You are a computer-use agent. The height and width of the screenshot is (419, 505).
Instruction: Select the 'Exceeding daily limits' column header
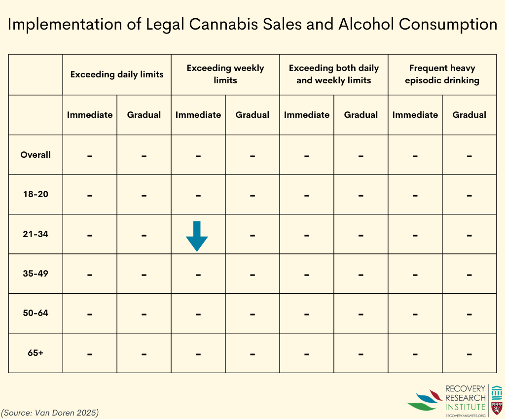point(117,75)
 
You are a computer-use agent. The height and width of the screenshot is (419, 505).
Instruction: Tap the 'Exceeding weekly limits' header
point(225,74)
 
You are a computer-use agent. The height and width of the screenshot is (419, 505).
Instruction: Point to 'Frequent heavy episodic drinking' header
point(442,74)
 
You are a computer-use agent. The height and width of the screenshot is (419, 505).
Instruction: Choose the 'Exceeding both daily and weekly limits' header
point(334,74)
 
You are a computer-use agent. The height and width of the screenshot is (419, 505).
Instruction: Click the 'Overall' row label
point(36,155)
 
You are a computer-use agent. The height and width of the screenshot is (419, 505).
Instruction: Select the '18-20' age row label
point(36,194)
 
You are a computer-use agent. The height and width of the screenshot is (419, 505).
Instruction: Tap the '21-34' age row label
point(36,234)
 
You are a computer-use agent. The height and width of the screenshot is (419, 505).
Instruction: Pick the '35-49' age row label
point(36,274)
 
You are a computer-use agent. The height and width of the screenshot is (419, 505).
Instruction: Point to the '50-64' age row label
point(36,313)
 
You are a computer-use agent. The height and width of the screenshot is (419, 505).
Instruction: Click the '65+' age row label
point(36,353)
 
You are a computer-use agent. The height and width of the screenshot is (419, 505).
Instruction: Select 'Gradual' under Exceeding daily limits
point(144,115)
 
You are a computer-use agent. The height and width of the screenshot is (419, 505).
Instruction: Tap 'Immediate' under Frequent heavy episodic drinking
point(415,115)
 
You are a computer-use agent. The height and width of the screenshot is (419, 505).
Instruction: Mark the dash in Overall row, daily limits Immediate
point(90,156)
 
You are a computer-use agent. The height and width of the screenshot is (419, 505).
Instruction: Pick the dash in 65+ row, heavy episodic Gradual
point(469,354)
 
